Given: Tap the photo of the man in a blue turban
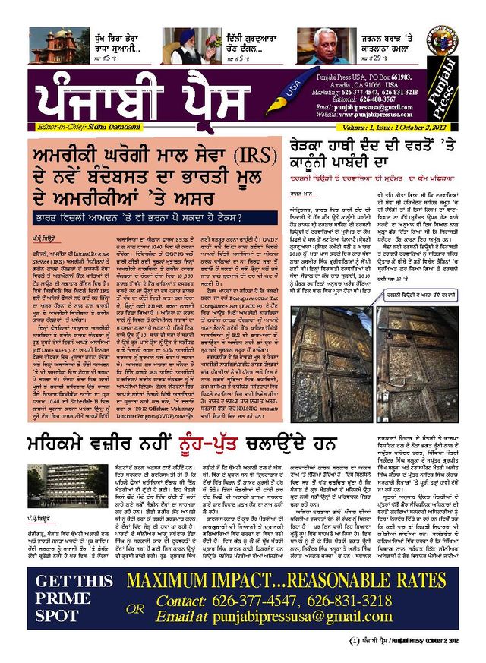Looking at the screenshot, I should click(184, 46).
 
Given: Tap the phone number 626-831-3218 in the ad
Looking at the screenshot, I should click(337, 600).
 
